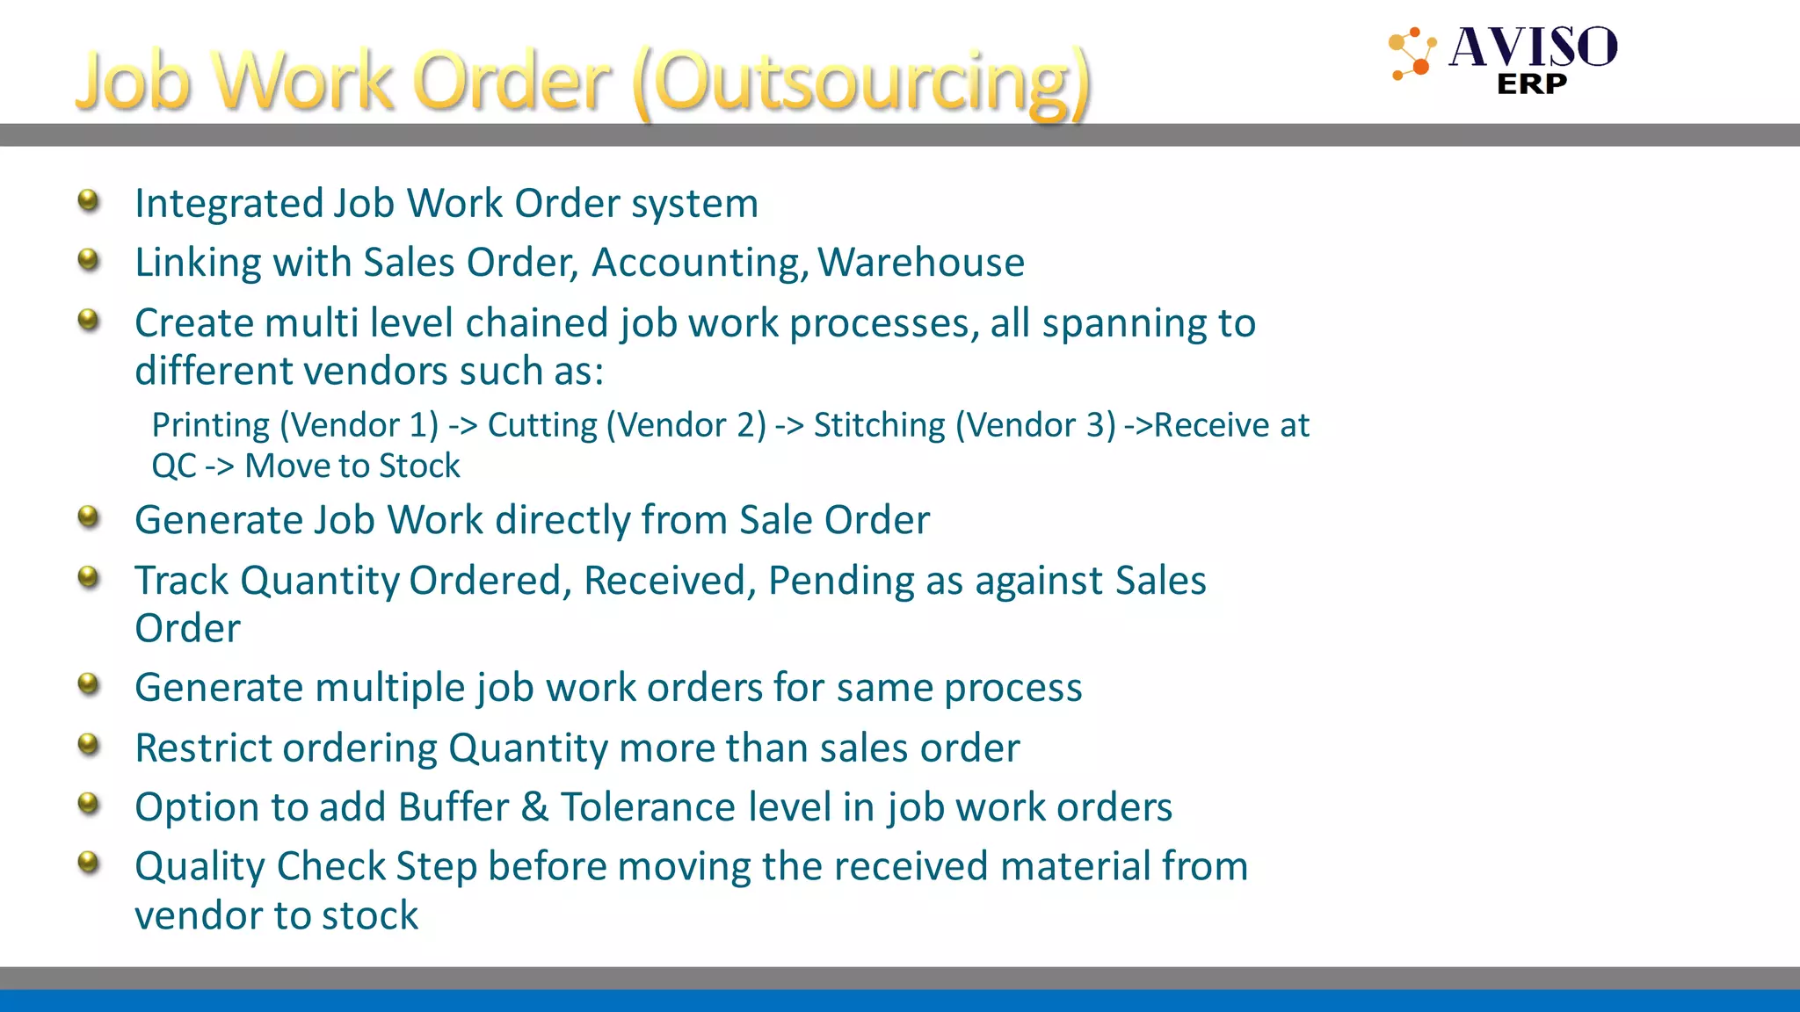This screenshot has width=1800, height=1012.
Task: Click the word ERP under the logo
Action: [x=1532, y=84]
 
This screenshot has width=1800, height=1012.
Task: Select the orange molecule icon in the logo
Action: [x=1412, y=54]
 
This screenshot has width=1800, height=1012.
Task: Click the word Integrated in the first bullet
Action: [x=229, y=204]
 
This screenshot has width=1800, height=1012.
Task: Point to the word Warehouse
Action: [x=921, y=263]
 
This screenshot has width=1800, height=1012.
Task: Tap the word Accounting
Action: [x=700, y=263]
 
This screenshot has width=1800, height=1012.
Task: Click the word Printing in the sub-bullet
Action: [x=211, y=426]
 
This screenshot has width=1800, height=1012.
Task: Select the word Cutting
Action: [x=542, y=426]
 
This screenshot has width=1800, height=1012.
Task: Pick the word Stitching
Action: [x=879, y=426]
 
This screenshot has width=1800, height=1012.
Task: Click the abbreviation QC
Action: [x=173, y=466]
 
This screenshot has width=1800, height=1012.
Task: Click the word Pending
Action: [x=841, y=581]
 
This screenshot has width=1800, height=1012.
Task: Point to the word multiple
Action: [x=391, y=688]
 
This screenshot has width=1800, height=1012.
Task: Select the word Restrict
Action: [x=203, y=748]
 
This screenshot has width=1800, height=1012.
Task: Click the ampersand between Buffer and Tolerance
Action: [x=534, y=807]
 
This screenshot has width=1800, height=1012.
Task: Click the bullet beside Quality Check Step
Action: [x=89, y=862]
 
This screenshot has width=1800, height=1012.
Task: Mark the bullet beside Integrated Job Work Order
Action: [x=89, y=200]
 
